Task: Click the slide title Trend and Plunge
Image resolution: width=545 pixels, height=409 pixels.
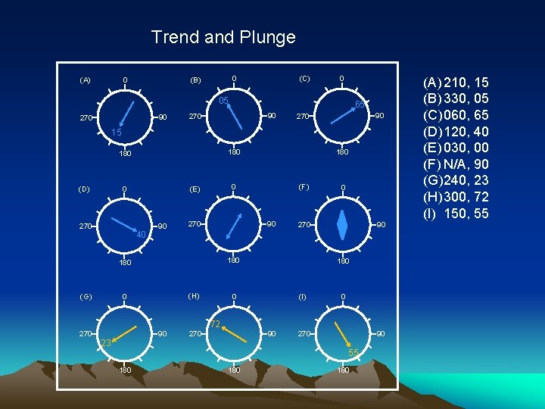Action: coord(223,36)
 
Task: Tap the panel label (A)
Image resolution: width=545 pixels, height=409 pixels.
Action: coord(85,80)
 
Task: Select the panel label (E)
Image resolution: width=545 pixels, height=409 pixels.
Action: coord(195,189)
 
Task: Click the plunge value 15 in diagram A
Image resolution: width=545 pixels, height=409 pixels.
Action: coord(117,133)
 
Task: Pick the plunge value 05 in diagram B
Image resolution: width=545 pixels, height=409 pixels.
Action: coord(224,101)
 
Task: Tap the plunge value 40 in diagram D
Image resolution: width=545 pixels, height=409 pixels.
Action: coord(141,235)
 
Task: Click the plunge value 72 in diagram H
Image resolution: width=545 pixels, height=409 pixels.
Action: coord(215,324)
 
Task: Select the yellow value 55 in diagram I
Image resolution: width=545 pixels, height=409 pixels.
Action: coord(353,353)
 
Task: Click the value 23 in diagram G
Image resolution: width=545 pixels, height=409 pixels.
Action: coord(106,343)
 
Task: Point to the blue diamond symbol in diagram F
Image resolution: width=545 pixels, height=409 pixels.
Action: coord(343,225)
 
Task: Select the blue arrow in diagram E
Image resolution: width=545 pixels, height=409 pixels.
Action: coord(235,226)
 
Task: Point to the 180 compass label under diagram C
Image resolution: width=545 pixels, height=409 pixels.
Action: coord(343,152)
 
